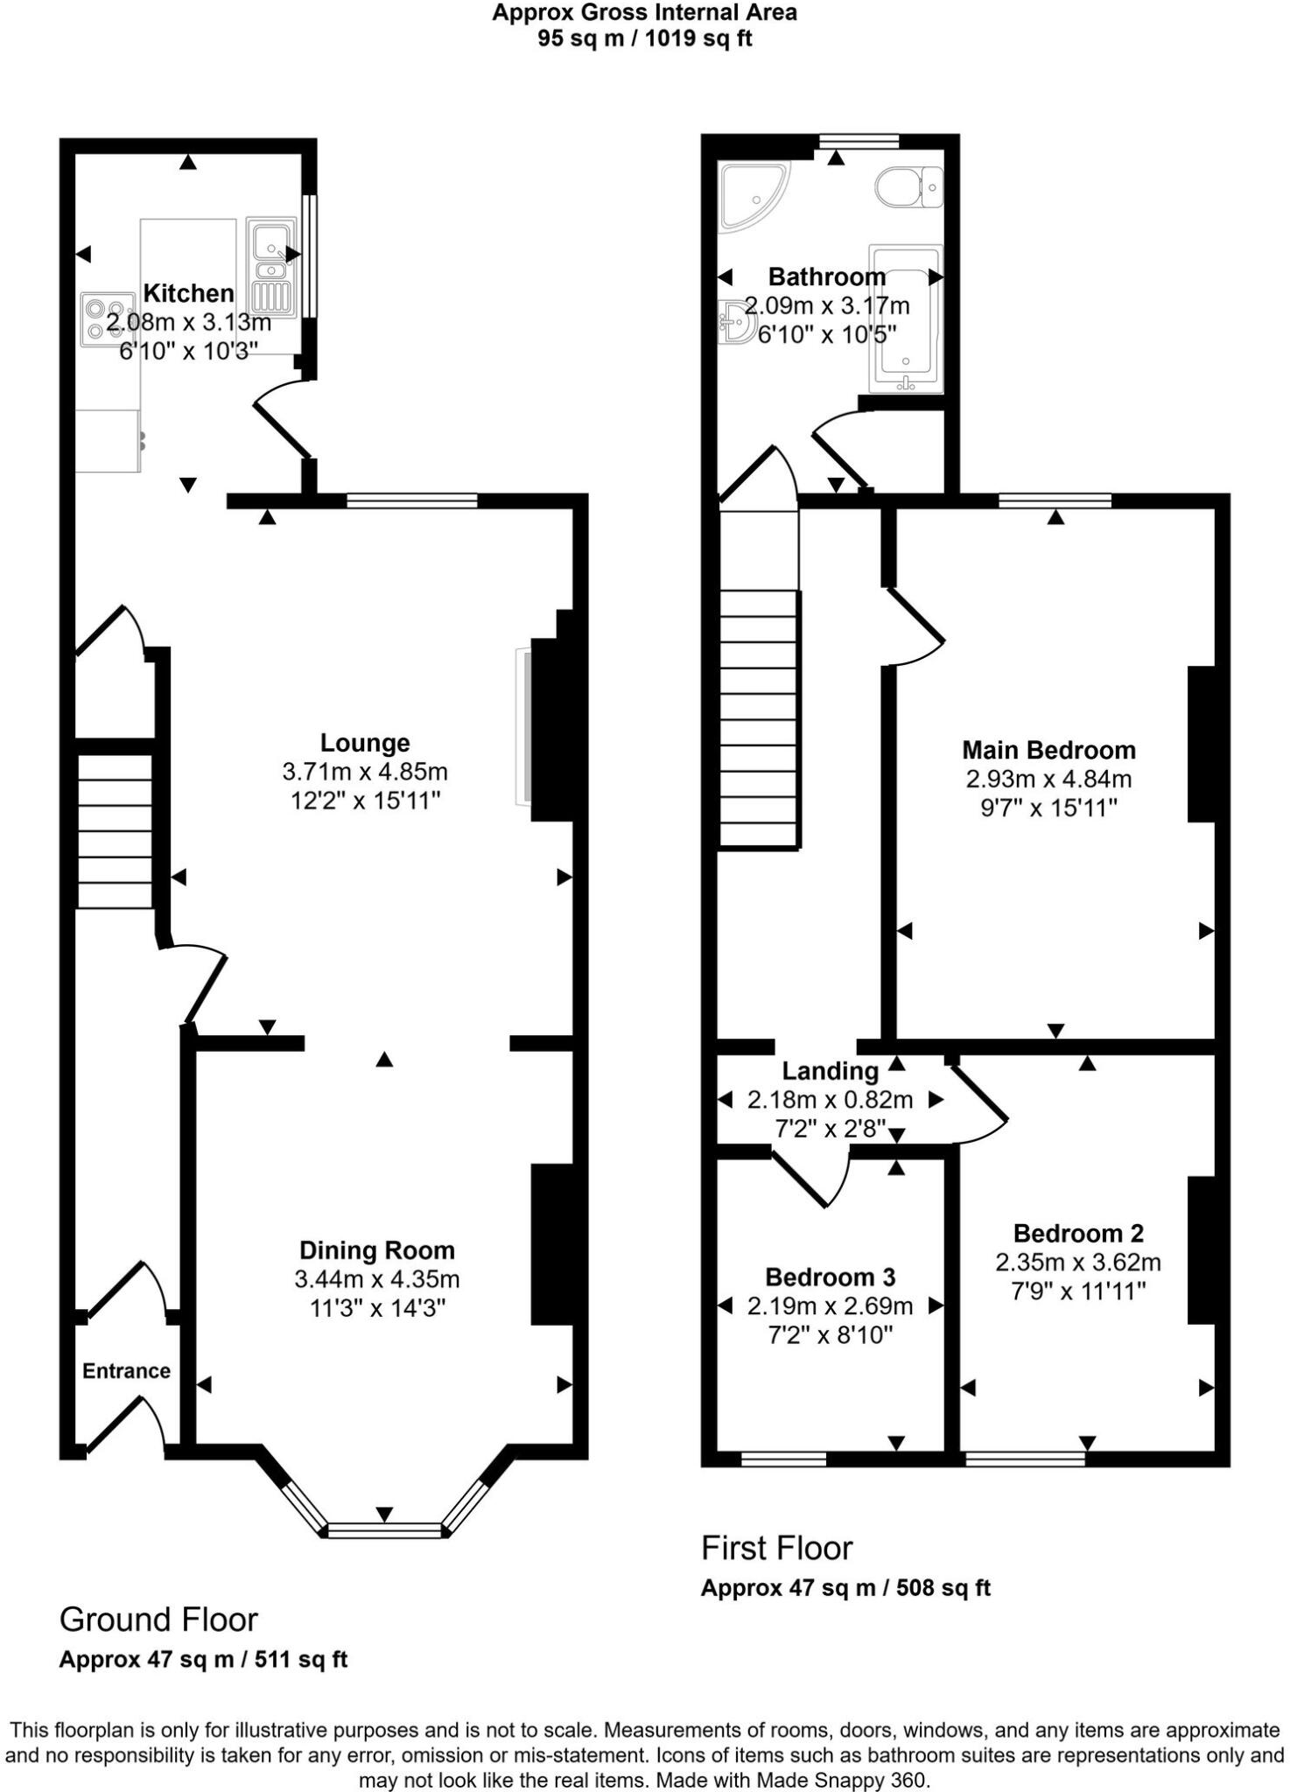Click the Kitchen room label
coord(188,293)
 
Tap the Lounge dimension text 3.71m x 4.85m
coord(364,772)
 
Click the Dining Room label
coord(377,1250)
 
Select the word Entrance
coord(126,1370)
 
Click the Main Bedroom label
coord(1048,750)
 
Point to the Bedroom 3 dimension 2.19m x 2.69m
coord(830,1306)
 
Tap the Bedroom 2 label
coord(1078,1233)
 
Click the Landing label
coord(830,1071)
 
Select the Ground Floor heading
coord(158,1620)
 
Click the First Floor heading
coord(776,1548)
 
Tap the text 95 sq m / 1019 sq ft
coord(644,39)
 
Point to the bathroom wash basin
coord(738,323)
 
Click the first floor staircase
coord(759,717)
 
